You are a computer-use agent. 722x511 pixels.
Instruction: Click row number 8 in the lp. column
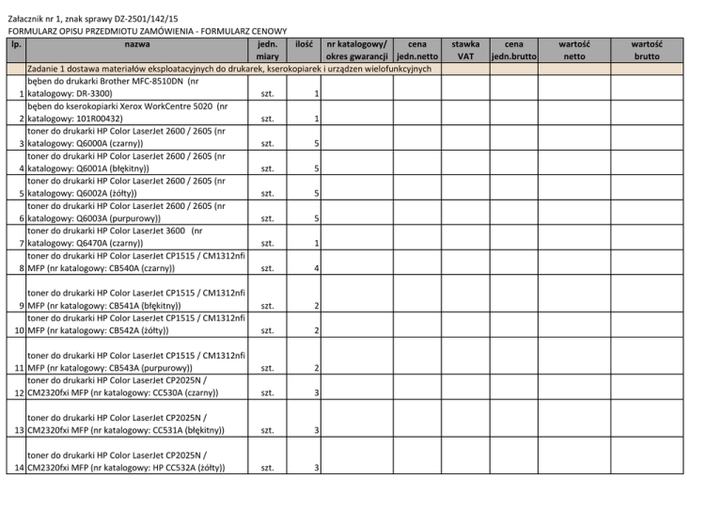(x=20, y=268)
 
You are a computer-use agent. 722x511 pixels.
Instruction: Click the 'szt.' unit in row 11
(x=268, y=367)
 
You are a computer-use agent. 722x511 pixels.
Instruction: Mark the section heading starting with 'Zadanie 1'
(x=228, y=70)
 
